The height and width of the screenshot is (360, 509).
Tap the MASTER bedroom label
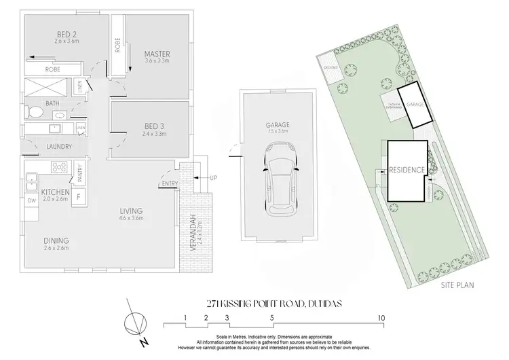tap(157, 54)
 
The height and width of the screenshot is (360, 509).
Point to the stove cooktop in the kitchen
tap(58, 166)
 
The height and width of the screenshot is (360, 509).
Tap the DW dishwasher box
tap(31, 201)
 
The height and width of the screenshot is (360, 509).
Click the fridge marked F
tap(79, 196)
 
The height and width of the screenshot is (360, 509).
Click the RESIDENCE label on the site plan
tap(407, 170)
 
